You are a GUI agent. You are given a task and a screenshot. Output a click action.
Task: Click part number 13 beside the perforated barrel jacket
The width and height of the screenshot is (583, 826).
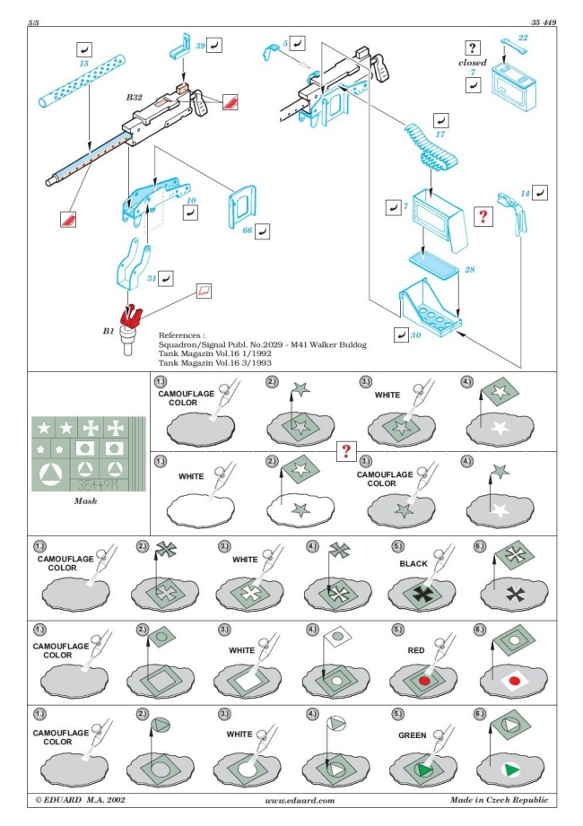pyautogui.click(x=83, y=65)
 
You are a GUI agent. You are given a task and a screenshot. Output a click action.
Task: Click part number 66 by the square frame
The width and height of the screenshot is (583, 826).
pyautogui.click(x=248, y=231)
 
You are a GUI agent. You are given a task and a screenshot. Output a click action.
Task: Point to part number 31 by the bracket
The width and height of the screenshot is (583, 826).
pyautogui.click(x=152, y=279)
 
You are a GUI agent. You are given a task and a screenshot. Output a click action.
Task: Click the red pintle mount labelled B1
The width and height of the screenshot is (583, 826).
pyautogui.click(x=131, y=317)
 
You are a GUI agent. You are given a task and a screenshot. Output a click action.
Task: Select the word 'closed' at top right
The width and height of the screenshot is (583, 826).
pyautogui.click(x=472, y=63)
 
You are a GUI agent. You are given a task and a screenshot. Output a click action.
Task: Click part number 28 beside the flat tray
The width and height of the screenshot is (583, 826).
pyautogui.click(x=469, y=270)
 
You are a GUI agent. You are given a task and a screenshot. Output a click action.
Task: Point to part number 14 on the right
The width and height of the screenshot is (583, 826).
pyautogui.click(x=525, y=193)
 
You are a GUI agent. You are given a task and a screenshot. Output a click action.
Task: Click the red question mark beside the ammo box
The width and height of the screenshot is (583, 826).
pyautogui.click(x=483, y=216)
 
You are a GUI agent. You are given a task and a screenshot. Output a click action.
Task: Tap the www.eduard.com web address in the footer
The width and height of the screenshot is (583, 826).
pyautogui.click(x=300, y=800)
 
